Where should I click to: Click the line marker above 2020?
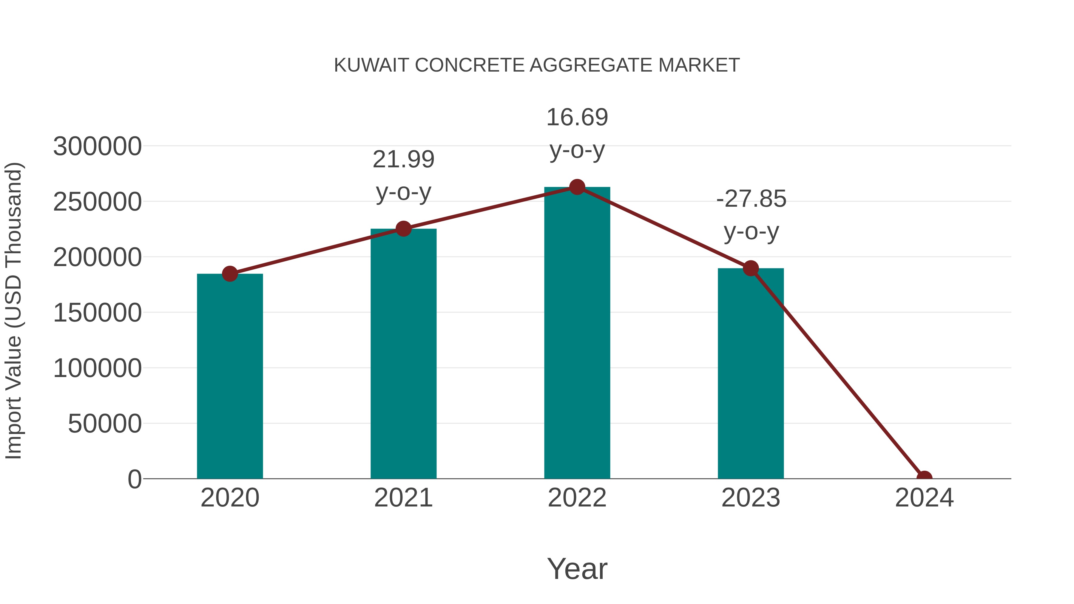pos(230,274)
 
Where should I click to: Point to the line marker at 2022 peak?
pos(577,187)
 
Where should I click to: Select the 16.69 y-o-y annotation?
pos(577,133)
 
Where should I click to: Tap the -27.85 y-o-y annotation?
pos(751,215)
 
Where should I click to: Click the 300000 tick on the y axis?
pos(97,147)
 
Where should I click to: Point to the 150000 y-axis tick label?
pos(97,313)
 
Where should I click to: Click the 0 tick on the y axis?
pos(135,479)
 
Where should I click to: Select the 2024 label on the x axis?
pos(924,498)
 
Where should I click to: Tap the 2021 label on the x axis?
pos(403,498)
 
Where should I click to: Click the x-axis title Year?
pos(577,569)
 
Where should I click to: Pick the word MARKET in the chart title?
pos(699,65)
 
